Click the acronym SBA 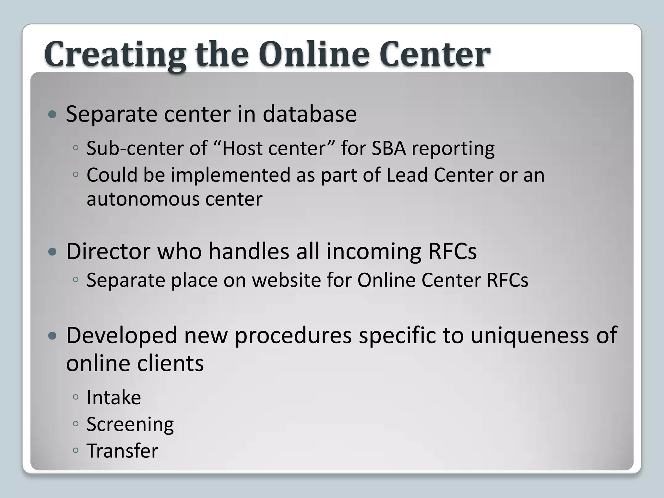(389, 148)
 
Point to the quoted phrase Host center (274, 148)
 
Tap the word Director (108, 251)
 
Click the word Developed (122, 335)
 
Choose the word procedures (293, 336)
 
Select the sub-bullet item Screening (130, 425)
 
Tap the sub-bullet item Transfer (122, 451)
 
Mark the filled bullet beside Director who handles (52, 252)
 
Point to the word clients (170, 363)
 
